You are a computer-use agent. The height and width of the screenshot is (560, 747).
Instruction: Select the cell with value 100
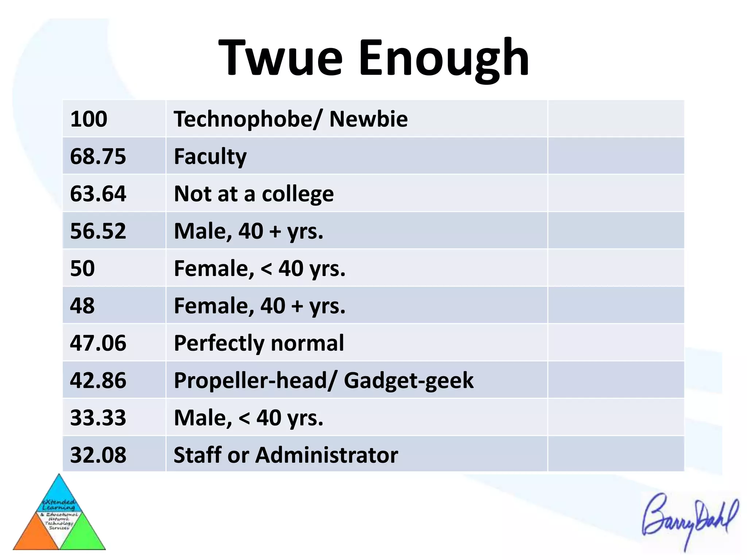pyautogui.click(x=89, y=119)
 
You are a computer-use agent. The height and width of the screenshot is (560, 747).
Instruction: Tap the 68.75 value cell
pyautogui.click(x=98, y=156)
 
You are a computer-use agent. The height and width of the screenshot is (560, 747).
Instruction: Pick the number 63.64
pyautogui.click(x=98, y=194)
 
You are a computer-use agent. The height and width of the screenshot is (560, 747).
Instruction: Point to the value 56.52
pyautogui.click(x=98, y=231)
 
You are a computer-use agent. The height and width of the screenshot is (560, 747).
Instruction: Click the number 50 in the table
pyautogui.click(x=82, y=268)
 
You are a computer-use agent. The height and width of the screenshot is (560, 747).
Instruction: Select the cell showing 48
pyautogui.click(x=82, y=306)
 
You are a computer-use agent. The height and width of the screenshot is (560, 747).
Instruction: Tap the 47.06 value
pyautogui.click(x=98, y=343)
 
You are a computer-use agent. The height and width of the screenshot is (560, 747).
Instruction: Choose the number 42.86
pyautogui.click(x=98, y=380)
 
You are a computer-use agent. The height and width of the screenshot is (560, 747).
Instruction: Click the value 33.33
pyautogui.click(x=98, y=417)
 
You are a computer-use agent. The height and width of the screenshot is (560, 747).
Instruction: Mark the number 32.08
pyautogui.click(x=98, y=455)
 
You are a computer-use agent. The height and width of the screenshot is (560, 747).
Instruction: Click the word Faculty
pyautogui.click(x=210, y=157)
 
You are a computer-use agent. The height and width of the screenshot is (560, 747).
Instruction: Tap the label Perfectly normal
pyautogui.click(x=259, y=343)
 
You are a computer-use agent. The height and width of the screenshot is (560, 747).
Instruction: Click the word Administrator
pyautogui.click(x=327, y=455)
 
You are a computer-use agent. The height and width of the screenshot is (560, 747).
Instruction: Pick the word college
pyautogui.click(x=298, y=194)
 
